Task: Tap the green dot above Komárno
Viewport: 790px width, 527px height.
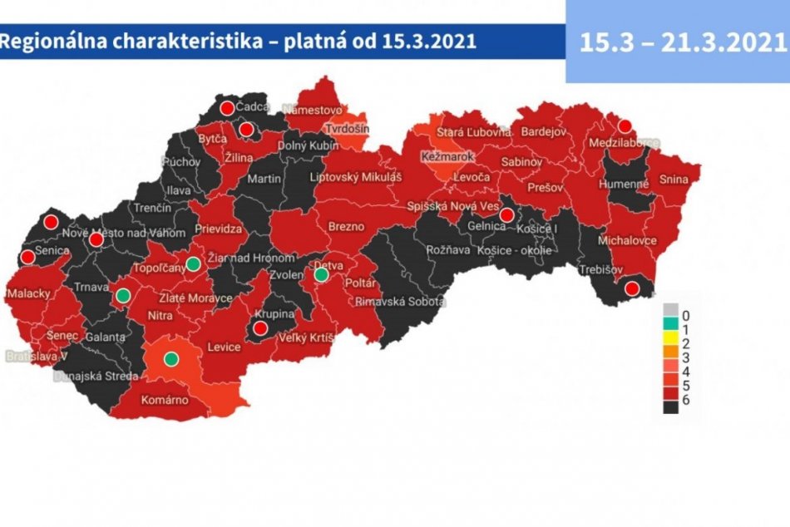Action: [x=171, y=359]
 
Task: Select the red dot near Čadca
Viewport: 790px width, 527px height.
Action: [x=226, y=108]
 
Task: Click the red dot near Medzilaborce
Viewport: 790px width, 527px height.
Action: [x=626, y=126]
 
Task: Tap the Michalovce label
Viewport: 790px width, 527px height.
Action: [x=633, y=240]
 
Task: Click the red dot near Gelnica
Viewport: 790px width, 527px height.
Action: [x=506, y=216]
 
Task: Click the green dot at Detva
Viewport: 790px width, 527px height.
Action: [x=321, y=274]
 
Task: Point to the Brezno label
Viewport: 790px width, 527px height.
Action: [x=347, y=225]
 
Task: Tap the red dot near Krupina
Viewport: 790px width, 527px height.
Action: [x=259, y=329]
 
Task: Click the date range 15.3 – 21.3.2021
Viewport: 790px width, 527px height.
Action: [x=676, y=42]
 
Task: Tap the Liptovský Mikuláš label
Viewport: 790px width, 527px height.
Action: [x=356, y=178]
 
